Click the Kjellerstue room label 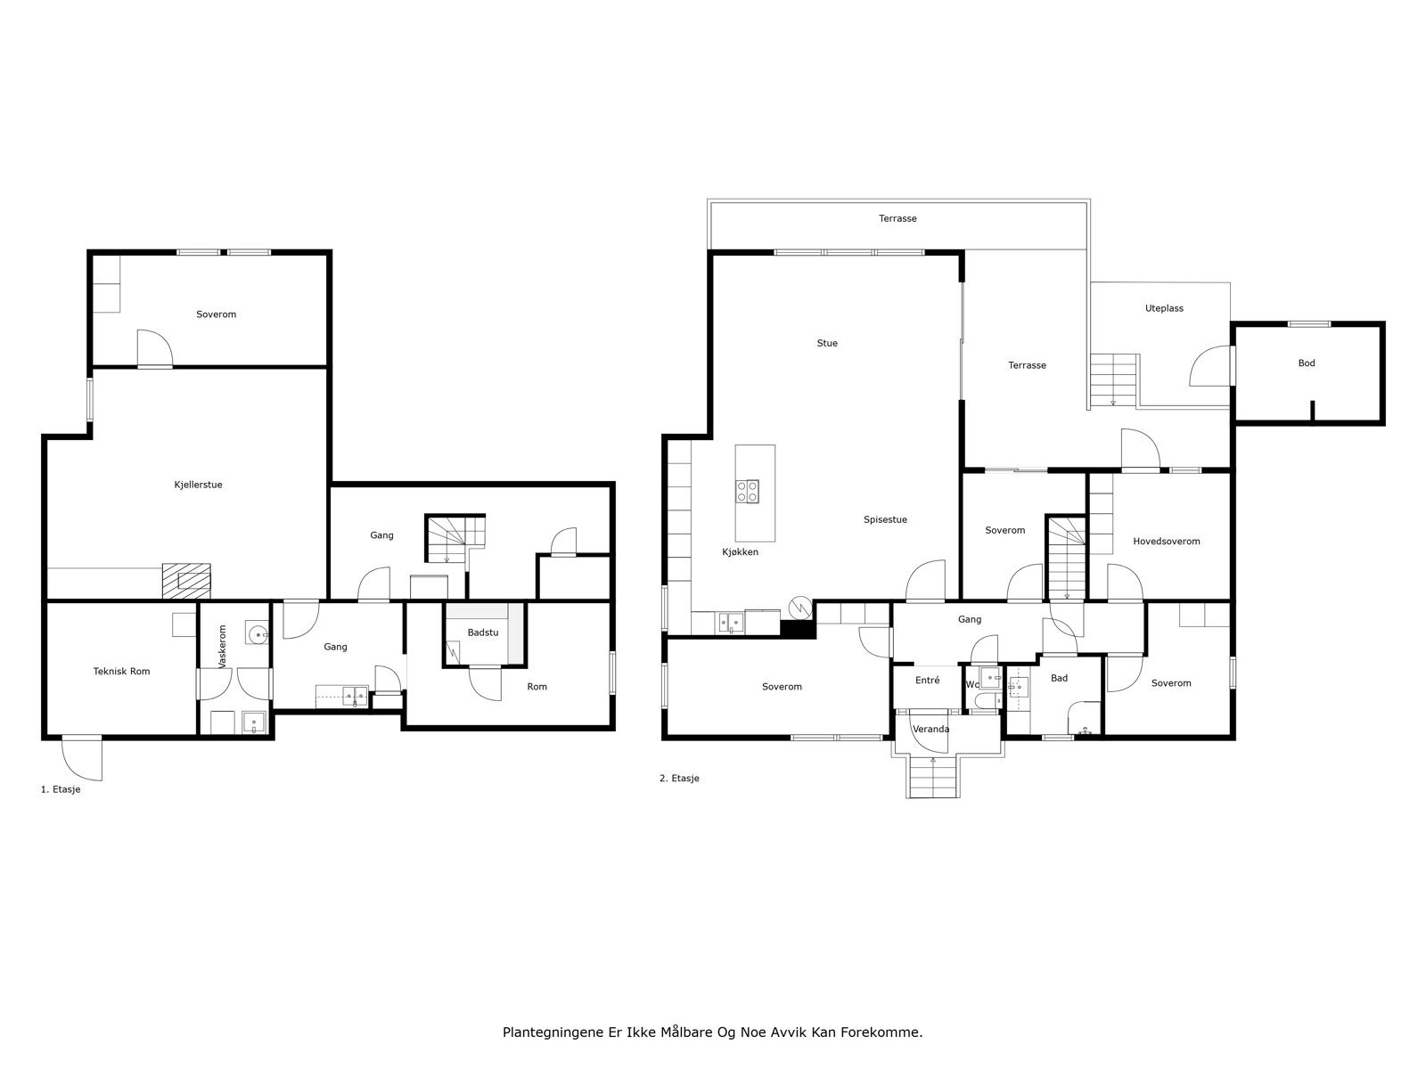click(198, 485)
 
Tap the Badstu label click(483, 632)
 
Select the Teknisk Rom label click(121, 671)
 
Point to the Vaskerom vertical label click(222, 647)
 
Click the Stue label click(827, 343)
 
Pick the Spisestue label click(885, 520)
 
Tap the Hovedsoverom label click(1166, 542)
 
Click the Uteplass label click(1164, 309)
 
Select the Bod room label click(1306, 363)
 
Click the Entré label click(927, 681)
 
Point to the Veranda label click(930, 729)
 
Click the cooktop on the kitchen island click(747, 491)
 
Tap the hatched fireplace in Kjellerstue click(186, 581)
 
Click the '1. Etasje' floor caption click(61, 790)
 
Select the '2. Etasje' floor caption click(679, 779)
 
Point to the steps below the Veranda click(933, 777)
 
